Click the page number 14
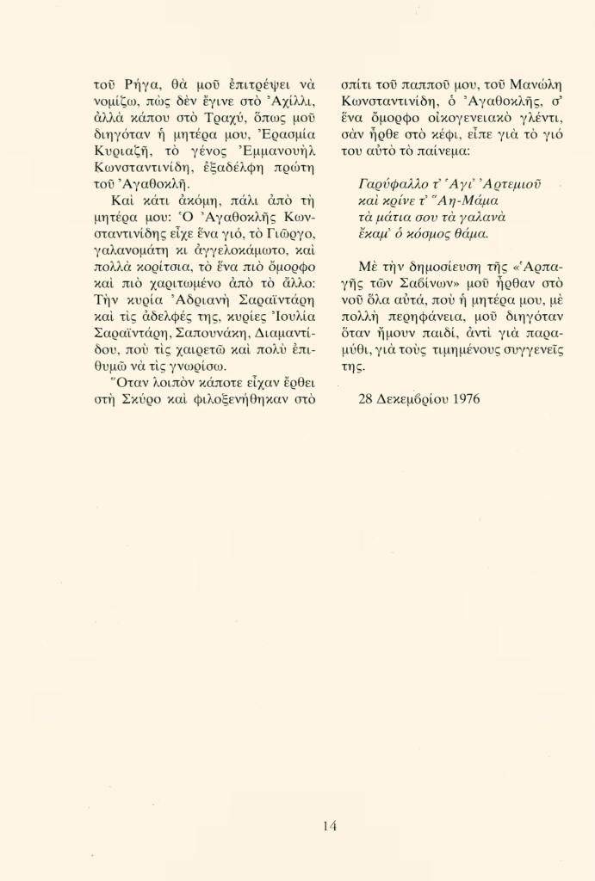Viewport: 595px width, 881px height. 330,826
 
